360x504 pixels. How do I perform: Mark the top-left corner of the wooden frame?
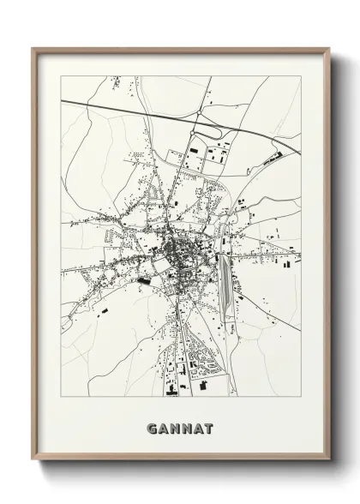click(x=33, y=49)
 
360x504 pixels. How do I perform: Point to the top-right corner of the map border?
click(x=301, y=76)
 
